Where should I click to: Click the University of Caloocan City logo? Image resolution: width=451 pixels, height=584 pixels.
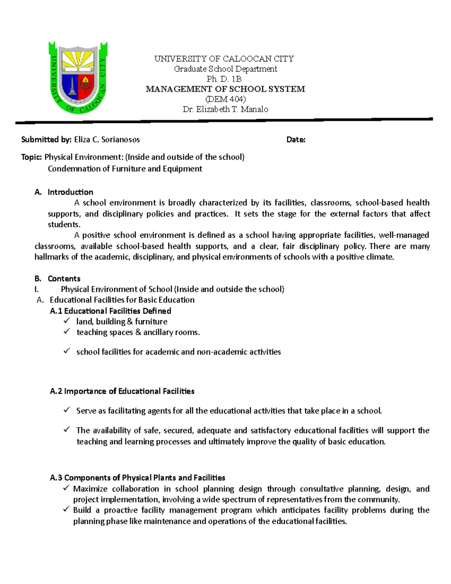click(78, 77)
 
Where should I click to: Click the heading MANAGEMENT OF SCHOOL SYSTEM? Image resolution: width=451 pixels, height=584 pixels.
click(225, 89)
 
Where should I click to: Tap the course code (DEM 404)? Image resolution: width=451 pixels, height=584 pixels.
click(225, 99)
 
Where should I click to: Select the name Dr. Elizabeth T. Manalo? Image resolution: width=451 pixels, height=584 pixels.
click(225, 109)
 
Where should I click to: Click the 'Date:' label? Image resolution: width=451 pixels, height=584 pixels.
click(296, 140)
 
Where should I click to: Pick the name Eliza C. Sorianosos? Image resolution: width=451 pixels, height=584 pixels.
click(107, 140)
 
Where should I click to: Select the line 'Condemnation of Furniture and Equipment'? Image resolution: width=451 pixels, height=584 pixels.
click(125, 168)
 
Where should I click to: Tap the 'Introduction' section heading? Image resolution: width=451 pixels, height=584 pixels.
click(70, 192)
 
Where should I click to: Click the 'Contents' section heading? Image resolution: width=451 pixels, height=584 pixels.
click(64, 279)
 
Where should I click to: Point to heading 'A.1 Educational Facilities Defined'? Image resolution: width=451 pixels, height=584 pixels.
click(110, 311)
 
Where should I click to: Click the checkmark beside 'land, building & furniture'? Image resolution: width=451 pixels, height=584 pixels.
click(67, 321)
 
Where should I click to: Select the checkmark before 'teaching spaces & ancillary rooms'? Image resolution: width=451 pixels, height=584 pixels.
click(67, 331)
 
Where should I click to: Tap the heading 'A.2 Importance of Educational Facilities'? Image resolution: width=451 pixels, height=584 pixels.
click(122, 391)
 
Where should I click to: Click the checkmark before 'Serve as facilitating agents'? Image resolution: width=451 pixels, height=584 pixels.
click(67, 410)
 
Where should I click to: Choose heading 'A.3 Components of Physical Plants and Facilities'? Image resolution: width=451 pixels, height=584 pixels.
click(137, 478)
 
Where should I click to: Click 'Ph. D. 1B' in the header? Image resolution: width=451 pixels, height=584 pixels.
click(224, 79)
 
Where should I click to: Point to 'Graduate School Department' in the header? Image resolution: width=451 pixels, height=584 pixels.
click(225, 69)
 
